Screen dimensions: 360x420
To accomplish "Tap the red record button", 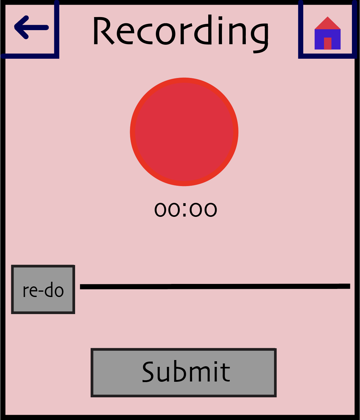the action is pos(184,132).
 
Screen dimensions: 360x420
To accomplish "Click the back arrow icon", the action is pos(31,27).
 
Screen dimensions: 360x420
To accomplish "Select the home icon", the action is pos(327,33).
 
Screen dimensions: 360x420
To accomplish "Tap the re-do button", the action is pos(43,289).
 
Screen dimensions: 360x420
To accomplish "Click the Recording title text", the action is pos(181,34).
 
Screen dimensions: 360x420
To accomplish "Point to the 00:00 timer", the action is pos(186,209).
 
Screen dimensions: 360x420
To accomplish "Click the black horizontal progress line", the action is pos(215,286).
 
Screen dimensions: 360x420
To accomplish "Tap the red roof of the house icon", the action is pos(327,23).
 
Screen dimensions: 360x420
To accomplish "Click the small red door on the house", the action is pos(327,43).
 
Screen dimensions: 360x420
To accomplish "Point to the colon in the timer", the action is pos(184,210).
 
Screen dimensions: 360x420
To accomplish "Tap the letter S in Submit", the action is pos(151,372).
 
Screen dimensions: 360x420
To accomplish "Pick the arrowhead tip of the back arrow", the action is pos(14,27).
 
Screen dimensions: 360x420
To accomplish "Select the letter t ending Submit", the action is pos(226,372).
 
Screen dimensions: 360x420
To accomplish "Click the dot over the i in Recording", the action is pos(220,18).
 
